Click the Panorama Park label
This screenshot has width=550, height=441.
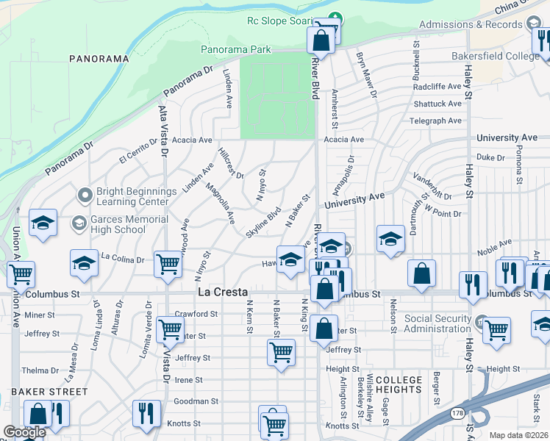pos(236,50)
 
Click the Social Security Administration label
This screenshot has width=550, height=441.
pos(437,323)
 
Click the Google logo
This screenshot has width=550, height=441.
pos(24,432)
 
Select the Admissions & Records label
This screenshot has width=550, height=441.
pos(471,24)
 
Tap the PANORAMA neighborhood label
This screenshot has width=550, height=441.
pos(99,58)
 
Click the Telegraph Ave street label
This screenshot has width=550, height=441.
pos(437,121)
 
